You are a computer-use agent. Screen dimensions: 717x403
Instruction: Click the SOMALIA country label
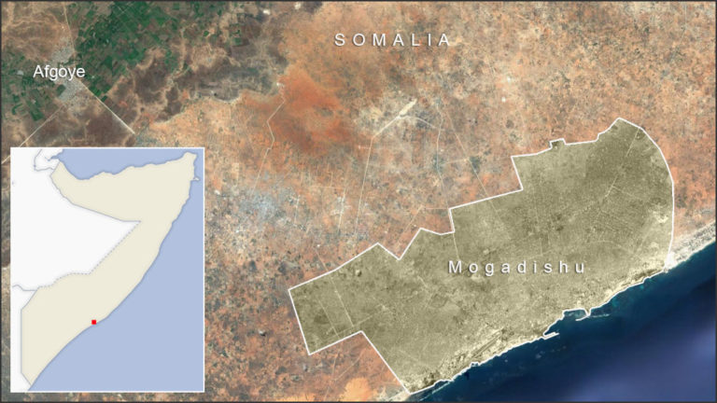393,40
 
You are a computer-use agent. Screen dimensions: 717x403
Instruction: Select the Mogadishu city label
516,267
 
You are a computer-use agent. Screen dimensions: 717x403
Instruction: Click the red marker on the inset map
93,322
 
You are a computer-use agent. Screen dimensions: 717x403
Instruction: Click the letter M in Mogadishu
455,267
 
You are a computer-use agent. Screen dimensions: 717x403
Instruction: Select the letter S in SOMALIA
341,40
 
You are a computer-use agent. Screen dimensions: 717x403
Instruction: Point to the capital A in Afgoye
39,72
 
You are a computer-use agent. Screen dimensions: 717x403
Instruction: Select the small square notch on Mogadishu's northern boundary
556,143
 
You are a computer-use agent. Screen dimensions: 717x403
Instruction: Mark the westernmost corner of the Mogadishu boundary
290,291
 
